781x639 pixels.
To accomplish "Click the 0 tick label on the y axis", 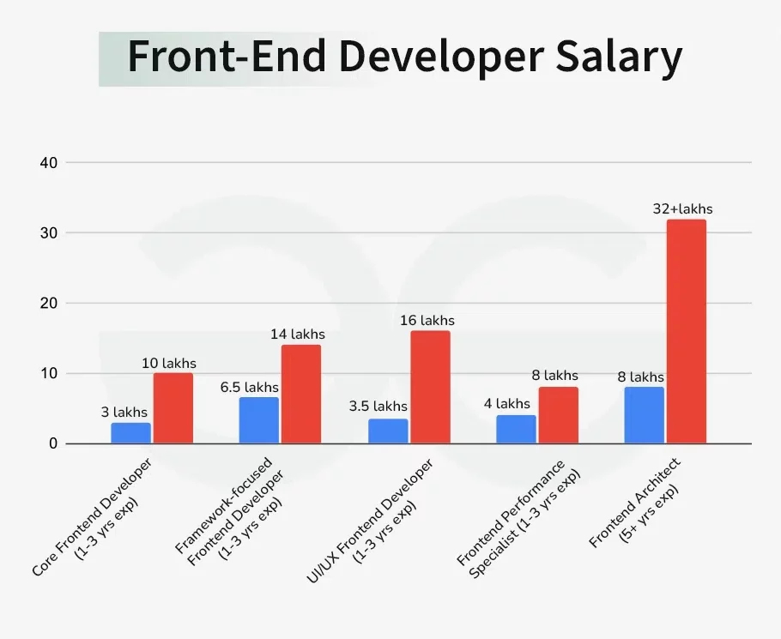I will [51, 443].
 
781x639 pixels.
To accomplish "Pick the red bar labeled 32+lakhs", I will [687, 332].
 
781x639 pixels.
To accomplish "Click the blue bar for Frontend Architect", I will [645, 415].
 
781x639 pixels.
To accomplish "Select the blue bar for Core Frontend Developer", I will [130, 433].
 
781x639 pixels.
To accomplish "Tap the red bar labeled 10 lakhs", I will [173, 408].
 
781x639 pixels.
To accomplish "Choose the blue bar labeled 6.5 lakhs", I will [259, 420].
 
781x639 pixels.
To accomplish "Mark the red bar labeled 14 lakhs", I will [301, 395].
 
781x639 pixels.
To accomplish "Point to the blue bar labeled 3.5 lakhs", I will [388, 431].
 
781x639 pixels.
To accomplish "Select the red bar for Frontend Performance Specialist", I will [559, 415].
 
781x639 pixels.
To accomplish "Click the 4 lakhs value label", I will [513, 403].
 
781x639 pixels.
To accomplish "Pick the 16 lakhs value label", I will [427, 320].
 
